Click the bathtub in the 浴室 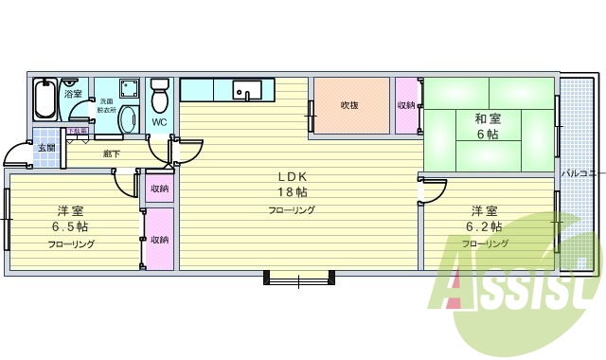[45, 99]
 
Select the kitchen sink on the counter [248, 91]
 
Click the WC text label [158, 123]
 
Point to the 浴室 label [73, 95]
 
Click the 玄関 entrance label [45, 148]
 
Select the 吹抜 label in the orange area [350, 105]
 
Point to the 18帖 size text [291, 192]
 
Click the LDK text [291, 176]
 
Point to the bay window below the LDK [298, 252]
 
